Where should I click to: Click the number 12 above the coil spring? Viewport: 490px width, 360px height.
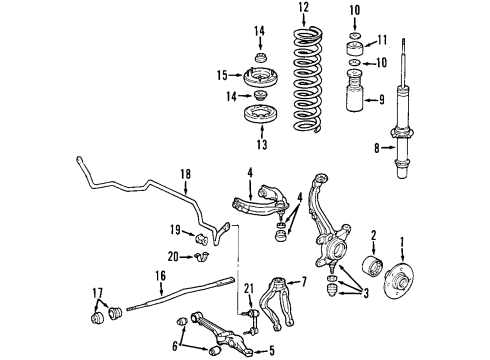[x=304, y=7]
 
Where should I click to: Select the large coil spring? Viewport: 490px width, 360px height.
[x=308, y=79]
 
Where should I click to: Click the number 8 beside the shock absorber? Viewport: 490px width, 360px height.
[x=377, y=148]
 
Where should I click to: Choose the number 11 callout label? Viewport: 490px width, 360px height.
[x=382, y=40]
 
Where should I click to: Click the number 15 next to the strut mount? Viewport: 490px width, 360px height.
[x=222, y=75]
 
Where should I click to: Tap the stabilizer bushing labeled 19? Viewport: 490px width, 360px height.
[x=201, y=237]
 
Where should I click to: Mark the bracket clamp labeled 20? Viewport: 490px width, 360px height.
[x=201, y=257]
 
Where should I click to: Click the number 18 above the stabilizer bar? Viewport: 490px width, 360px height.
[x=186, y=174]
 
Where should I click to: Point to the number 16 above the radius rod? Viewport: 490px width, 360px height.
[x=160, y=276]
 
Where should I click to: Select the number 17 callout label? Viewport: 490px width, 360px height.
[x=97, y=293]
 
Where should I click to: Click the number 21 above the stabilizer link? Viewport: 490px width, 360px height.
[x=249, y=288]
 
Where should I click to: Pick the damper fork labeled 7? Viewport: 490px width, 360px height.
[x=277, y=303]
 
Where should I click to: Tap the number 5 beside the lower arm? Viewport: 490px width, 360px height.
[x=272, y=351]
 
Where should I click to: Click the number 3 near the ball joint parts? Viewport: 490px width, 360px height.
[x=366, y=294]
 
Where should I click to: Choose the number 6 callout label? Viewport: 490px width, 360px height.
[x=175, y=346]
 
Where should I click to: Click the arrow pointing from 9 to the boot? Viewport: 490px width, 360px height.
[x=370, y=100]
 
